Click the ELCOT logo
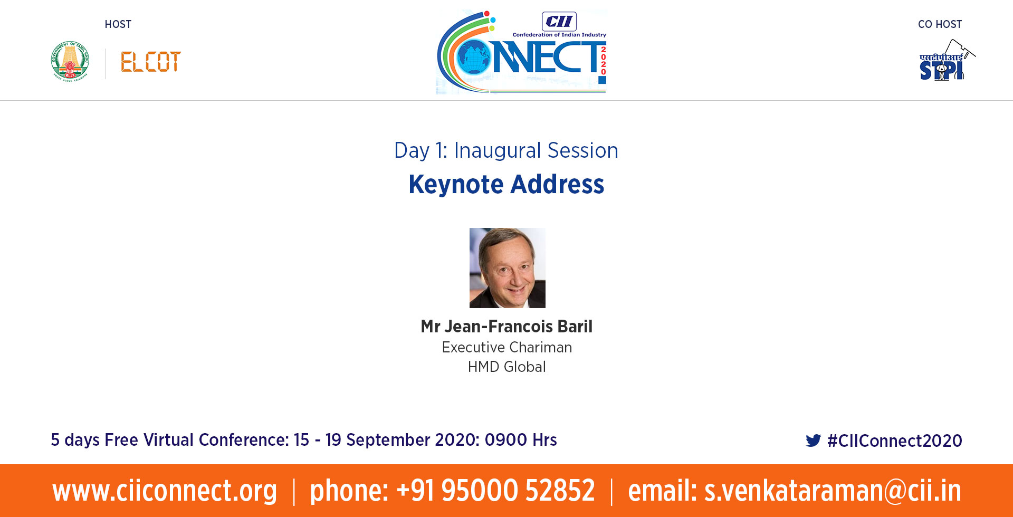(151, 62)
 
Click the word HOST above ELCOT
(118, 24)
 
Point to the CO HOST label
(940, 24)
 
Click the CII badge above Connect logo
(559, 22)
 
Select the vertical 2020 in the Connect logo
(603, 61)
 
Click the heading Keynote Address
(506, 185)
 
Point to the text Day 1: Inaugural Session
(506, 151)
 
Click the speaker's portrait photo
(508, 268)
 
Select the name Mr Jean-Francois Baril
(506, 327)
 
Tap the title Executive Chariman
(507, 347)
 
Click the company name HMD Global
(507, 367)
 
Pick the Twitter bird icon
(814, 441)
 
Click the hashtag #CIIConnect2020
(895, 441)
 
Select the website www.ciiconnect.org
(165, 491)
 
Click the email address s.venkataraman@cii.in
(833, 491)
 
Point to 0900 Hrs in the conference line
(521, 440)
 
